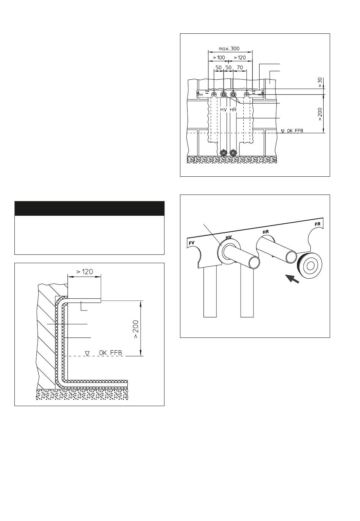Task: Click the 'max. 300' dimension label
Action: [x=229, y=49]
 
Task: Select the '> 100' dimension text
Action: [x=219, y=58]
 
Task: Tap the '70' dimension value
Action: [x=239, y=67]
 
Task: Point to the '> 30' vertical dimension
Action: [x=320, y=82]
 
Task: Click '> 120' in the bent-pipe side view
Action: [x=85, y=271]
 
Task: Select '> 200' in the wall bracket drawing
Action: [x=320, y=114]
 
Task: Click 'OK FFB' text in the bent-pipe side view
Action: [x=110, y=353]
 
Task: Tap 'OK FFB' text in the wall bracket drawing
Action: [x=295, y=131]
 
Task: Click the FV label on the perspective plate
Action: [x=191, y=243]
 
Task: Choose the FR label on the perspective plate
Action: [x=318, y=224]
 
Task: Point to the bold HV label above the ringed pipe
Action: [x=229, y=237]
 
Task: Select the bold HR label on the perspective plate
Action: [x=266, y=232]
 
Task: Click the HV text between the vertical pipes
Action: [x=223, y=110]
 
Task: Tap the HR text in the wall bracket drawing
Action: [x=233, y=110]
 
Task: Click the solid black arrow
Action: [x=292, y=278]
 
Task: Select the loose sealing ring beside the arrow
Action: [x=309, y=265]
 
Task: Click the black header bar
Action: [x=89, y=208]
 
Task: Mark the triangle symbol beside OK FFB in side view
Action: [x=87, y=353]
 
